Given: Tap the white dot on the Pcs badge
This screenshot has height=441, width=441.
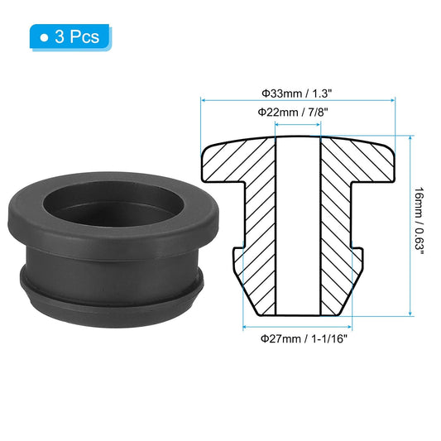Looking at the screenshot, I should coord(44,37).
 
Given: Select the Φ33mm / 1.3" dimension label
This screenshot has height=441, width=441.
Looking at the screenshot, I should coord(298,93).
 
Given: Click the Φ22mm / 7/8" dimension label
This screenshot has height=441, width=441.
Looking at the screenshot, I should coord(298,112).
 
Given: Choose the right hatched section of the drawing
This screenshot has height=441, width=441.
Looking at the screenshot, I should coord(339,223).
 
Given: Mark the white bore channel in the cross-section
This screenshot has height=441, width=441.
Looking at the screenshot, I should coord(297,223).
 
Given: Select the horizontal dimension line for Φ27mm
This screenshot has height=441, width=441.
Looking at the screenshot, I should coord(297,327).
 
